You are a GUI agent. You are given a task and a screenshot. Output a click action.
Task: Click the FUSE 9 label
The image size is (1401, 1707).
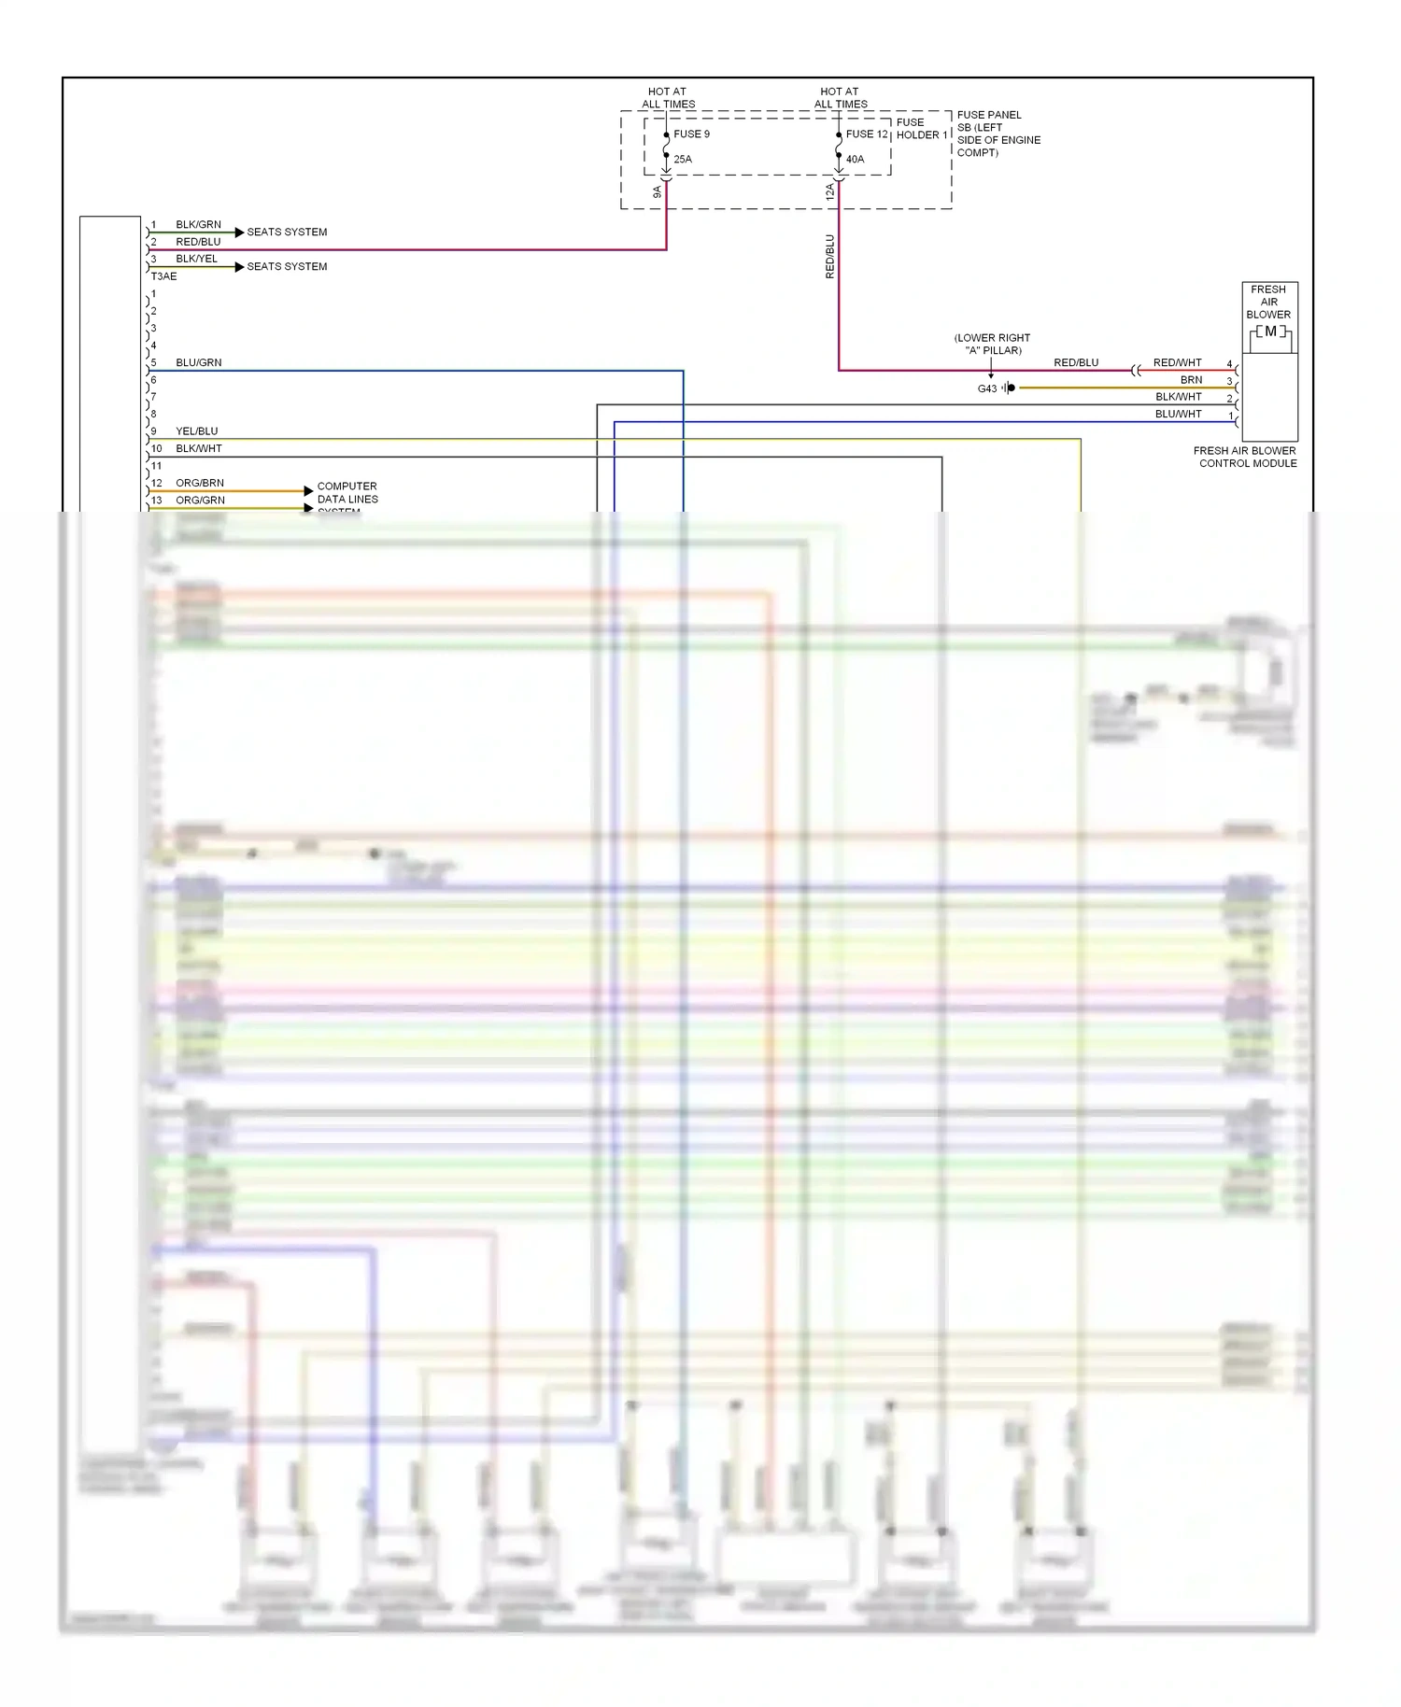(x=691, y=134)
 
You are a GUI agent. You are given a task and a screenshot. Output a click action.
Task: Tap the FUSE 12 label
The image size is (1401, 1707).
(x=867, y=134)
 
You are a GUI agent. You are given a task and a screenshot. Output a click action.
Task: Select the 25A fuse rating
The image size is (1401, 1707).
(x=683, y=160)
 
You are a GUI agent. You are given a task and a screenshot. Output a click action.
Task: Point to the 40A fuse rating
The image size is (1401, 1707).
(x=855, y=160)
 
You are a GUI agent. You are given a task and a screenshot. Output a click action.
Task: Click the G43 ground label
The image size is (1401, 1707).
(x=986, y=388)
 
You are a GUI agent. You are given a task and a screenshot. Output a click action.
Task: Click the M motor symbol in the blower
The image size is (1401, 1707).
(x=1270, y=332)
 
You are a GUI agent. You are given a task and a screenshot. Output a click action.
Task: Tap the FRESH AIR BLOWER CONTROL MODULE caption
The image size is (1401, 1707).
(x=1246, y=457)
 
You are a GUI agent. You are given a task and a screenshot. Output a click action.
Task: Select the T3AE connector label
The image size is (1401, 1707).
(x=163, y=276)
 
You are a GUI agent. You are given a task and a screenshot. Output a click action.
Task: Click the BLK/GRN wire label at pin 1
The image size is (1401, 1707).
(x=198, y=225)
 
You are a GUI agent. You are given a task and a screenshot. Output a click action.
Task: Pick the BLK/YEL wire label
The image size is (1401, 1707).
(x=196, y=259)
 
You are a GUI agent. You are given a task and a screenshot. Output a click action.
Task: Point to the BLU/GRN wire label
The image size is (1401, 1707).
(x=198, y=362)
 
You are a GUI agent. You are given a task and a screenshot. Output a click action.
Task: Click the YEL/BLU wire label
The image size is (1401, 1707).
(x=196, y=431)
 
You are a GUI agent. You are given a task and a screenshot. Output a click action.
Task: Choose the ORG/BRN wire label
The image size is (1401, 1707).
(x=200, y=483)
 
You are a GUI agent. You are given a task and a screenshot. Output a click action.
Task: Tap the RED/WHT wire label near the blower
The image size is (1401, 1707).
(x=1177, y=362)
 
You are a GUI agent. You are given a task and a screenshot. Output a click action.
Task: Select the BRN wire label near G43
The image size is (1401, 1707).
(x=1191, y=380)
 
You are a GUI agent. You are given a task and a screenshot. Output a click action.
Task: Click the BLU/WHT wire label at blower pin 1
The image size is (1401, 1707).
(x=1178, y=414)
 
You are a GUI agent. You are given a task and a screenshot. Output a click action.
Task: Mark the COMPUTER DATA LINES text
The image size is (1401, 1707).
(x=347, y=493)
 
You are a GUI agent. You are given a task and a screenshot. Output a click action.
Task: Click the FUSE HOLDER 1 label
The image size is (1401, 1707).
(x=922, y=129)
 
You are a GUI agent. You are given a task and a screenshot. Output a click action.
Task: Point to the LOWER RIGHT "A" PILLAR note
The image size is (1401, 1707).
(x=992, y=344)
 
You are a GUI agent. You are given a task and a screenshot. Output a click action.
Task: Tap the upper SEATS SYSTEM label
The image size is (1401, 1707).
(x=287, y=233)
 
